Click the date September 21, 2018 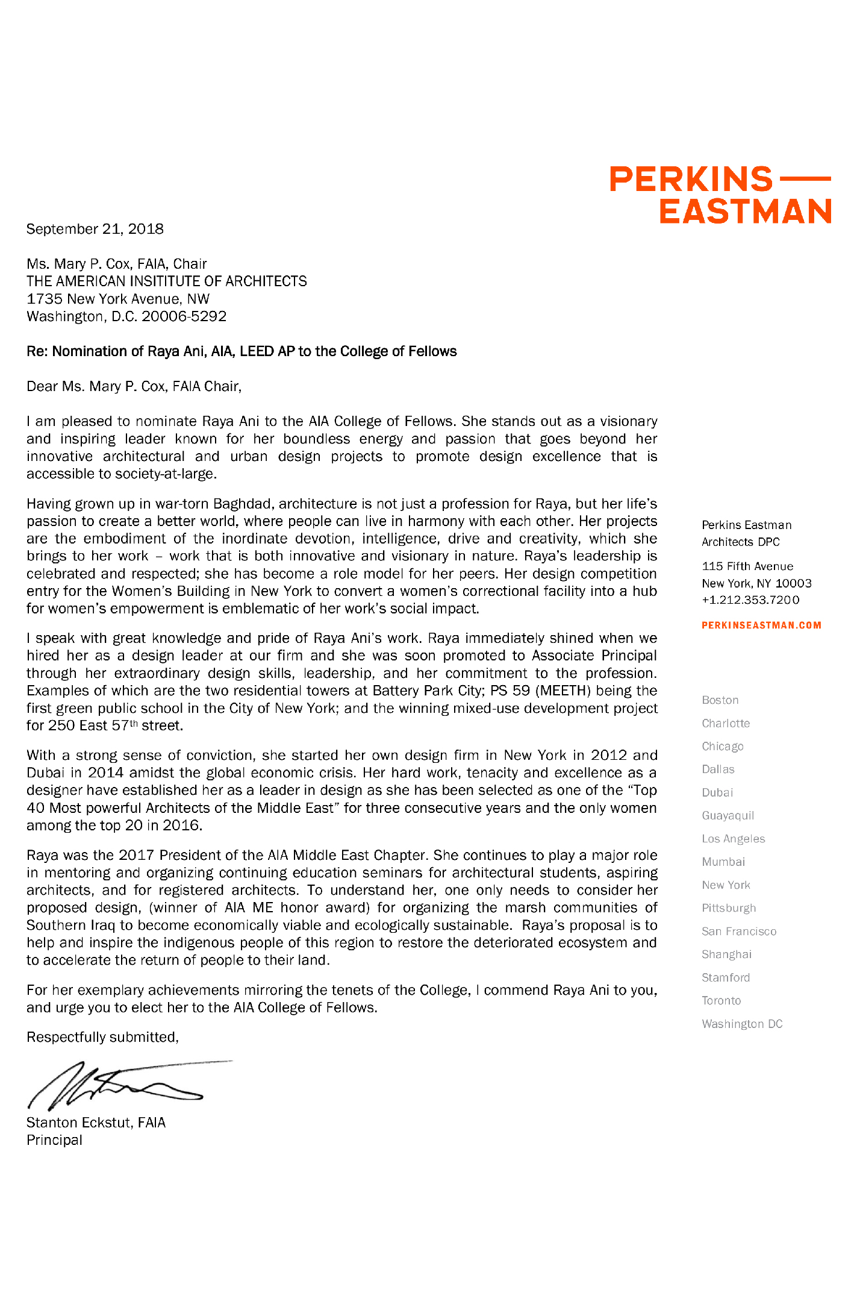pos(95,229)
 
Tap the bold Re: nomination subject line pos(242,351)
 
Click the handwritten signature pos(120,1085)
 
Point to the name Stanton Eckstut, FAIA pos(96,1123)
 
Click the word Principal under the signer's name pos(54,1140)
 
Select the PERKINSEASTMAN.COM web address pos(761,625)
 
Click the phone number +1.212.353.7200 pos(750,600)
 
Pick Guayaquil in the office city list pos(728,816)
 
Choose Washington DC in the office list pos(742,1024)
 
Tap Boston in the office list pos(720,700)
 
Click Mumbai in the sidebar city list pos(723,862)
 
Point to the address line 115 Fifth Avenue pos(747,566)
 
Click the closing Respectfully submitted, pos(102,1037)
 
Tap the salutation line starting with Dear pos(134,386)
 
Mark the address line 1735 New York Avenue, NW pos(118,299)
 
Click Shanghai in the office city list pos(726,954)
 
